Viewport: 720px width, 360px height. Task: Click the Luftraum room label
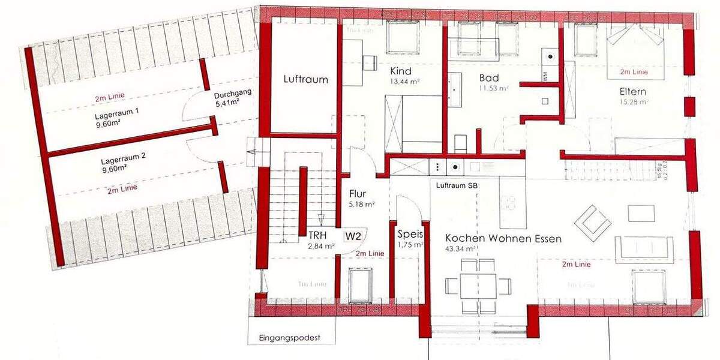pos(305,79)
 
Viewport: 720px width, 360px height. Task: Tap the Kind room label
pos(400,71)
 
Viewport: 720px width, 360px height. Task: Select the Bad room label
pos(489,78)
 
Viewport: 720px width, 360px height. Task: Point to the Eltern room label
pos(633,92)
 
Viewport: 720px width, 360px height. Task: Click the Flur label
pos(357,194)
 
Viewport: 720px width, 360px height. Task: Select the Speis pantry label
pos(410,235)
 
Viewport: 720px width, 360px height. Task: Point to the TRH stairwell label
pos(319,235)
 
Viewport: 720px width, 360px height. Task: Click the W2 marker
pos(353,236)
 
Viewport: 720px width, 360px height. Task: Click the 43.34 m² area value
pos(461,248)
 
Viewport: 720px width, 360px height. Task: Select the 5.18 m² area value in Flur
pos(362,205)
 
